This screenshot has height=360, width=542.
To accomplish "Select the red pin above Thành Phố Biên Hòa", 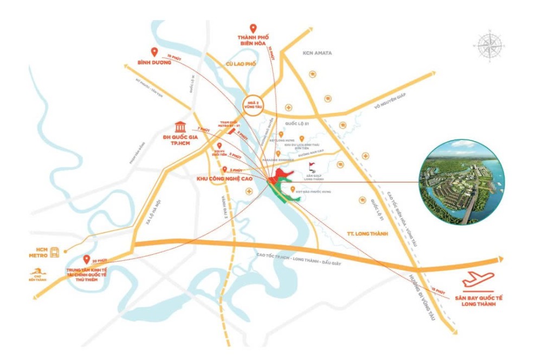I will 253,29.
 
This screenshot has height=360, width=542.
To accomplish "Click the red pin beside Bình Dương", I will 154,52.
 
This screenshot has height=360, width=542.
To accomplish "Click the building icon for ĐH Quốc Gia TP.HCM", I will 179,129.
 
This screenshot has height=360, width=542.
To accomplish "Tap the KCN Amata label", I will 317,53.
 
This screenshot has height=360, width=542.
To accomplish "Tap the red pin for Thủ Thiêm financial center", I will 87,260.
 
